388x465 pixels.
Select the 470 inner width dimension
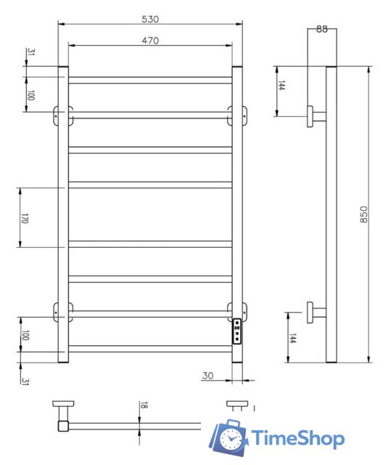point(151,41)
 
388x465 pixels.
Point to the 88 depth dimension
point(322,29)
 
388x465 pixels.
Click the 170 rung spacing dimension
point(24,217)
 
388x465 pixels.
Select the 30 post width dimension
point(207,376)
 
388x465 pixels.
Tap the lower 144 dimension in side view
point(292,339)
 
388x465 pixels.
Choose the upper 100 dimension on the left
point(30,95)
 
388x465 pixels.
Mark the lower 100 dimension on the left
point(25,335)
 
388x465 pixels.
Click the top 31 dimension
point(30,53)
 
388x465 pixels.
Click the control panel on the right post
point(237,331)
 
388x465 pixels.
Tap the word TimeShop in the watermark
point(297,438)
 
